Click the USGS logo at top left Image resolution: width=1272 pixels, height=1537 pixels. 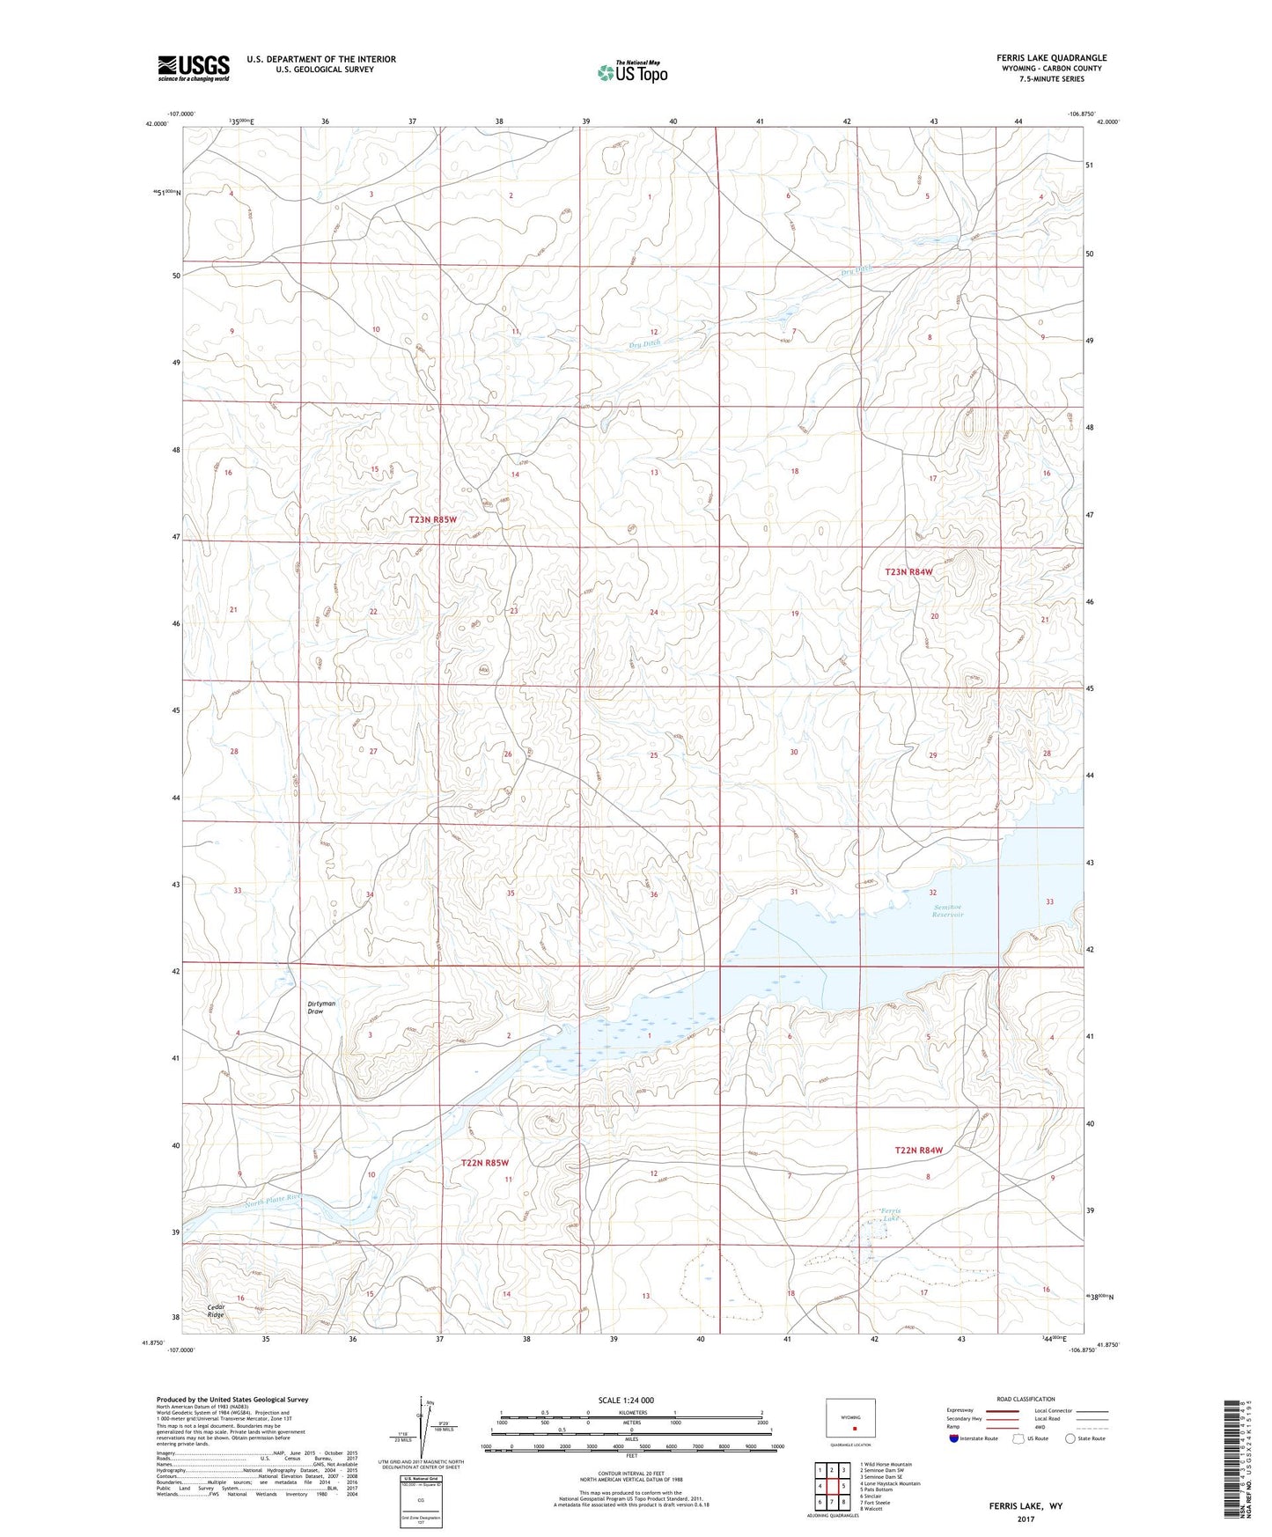[x=194, y=68]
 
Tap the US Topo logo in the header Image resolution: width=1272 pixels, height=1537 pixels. [x=632, y=71]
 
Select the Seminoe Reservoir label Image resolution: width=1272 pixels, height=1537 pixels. [x=947, y=911]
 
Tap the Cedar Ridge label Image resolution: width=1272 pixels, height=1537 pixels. [x=217, y=1311]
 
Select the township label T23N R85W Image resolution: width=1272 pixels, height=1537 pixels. [x=432, y=520]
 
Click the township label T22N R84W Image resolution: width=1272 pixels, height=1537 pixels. [x=918, y=1151]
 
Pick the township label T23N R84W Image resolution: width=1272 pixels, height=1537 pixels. [x=908, y=572]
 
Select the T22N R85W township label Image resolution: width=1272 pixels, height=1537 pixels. [x=485, y=1163]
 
